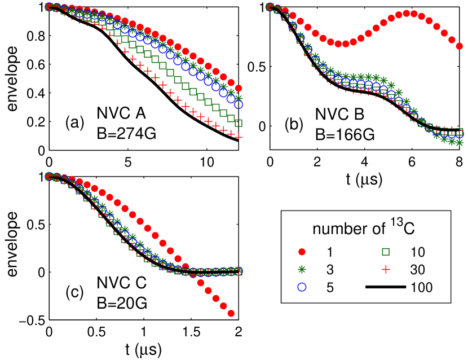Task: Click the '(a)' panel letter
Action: (74, 122)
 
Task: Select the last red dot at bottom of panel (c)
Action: (231, 313)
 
